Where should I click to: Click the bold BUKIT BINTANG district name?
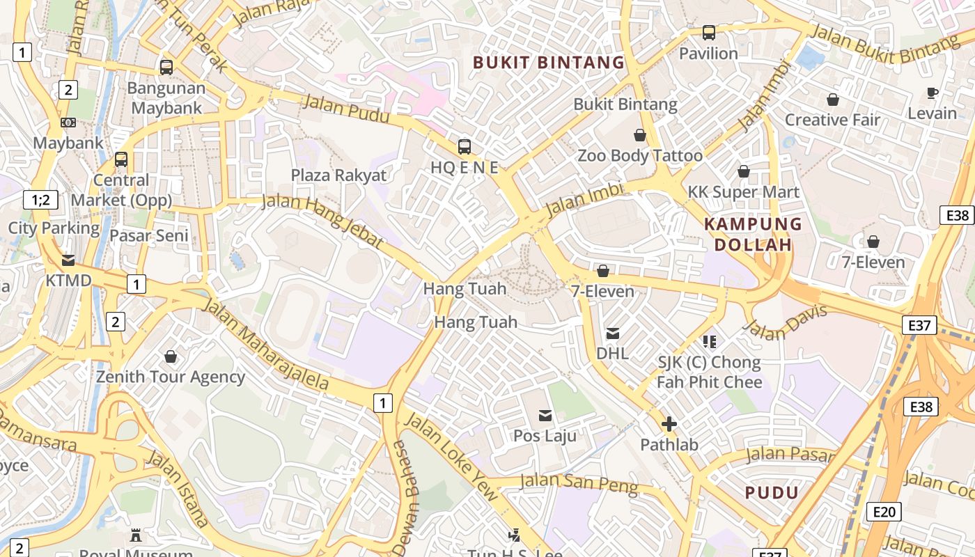(549, 63)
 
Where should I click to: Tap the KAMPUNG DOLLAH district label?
(753, 235)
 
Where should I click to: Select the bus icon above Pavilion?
(708, 33)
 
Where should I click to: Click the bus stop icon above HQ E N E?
(465, 147)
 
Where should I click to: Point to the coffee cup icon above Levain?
(933, 93)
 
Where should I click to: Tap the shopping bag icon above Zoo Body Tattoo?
(640, 135)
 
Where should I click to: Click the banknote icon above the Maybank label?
(68, 123)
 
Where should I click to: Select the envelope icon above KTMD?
(68, 260)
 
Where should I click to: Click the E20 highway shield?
(884, 512)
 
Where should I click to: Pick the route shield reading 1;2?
(40, 201)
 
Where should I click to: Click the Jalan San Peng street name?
(579, 483)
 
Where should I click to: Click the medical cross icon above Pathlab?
(669, 424)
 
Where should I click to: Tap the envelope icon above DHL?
(613, 334)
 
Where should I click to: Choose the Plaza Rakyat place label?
(338, 175)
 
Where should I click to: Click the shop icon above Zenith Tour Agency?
(171, 357)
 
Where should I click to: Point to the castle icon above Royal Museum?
(136, 535)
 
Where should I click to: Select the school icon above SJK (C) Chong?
(710, 341)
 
